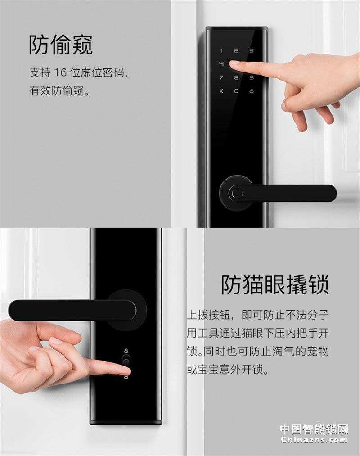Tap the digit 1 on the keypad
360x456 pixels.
tap(221, 51)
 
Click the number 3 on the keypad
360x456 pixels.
tap(252, 51)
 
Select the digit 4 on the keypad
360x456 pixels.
tap(221, 64)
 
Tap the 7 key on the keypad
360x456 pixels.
tap(221, 77)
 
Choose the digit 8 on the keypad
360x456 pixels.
tap(236, 77)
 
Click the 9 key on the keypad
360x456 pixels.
tap(252, 77)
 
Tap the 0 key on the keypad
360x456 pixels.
tap(236, 90)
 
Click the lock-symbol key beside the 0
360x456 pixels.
tap(252, 90)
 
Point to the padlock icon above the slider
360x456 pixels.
tap(126, 350)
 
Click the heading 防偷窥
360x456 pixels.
tap(61, 45)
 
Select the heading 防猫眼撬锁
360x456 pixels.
tap(274, 284)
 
